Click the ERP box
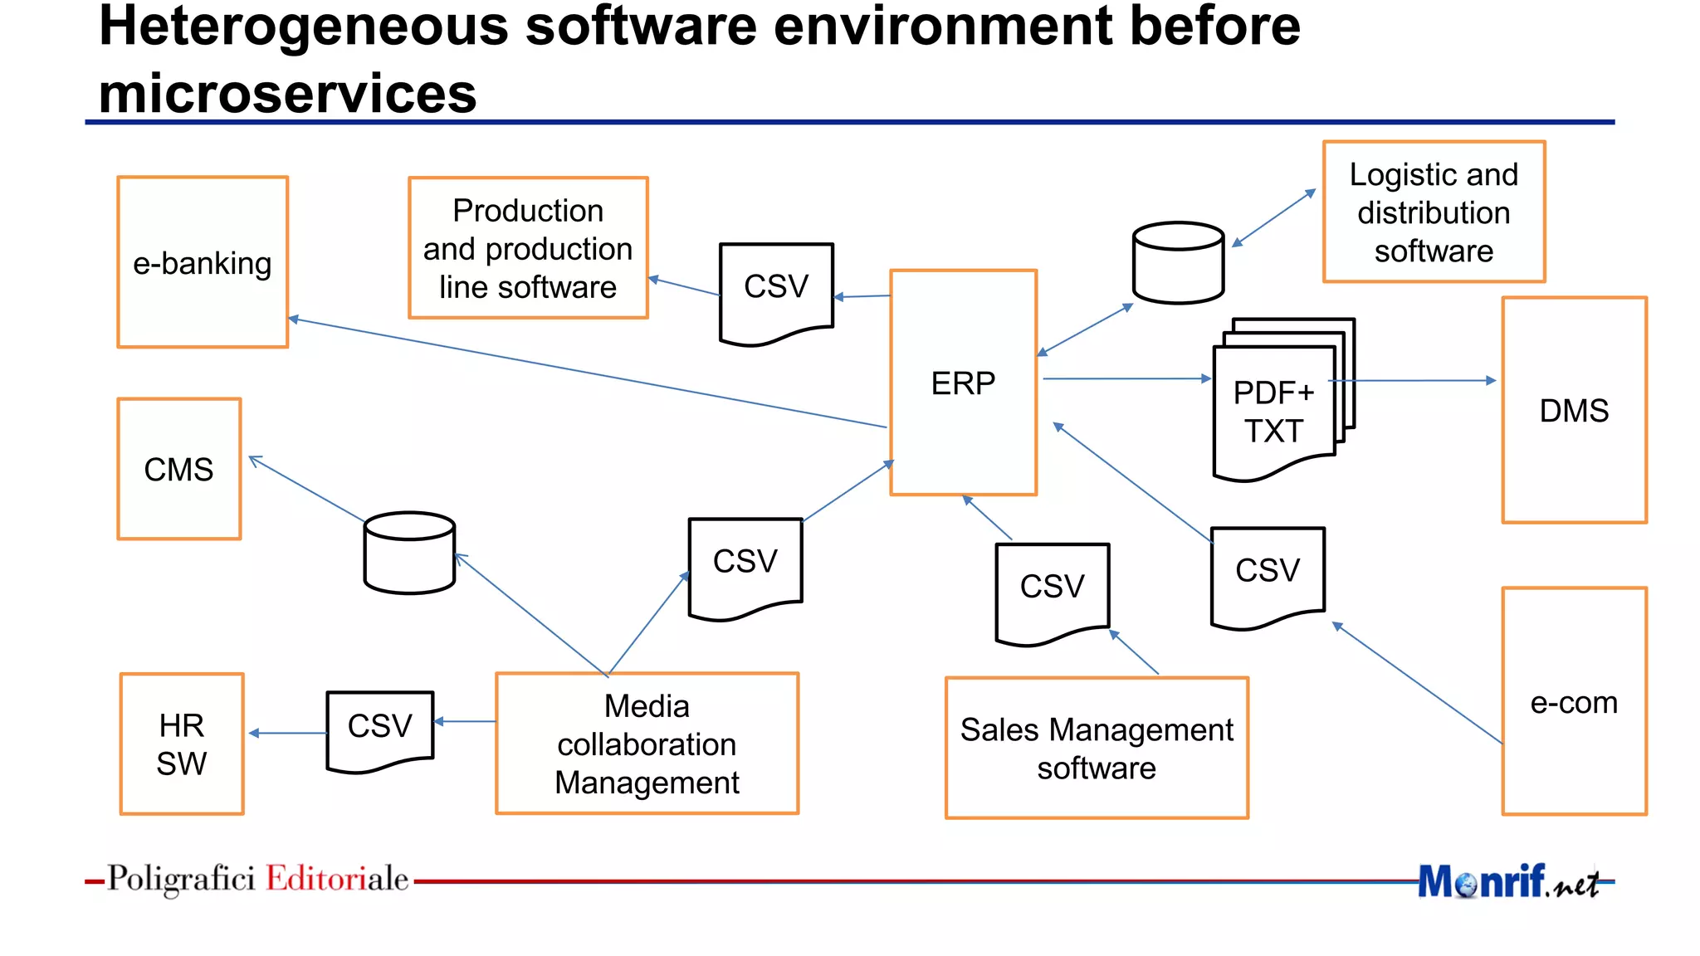click(x=963, y=383)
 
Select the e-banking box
click(x=203, y=262)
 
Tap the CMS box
click(x=179, y=469)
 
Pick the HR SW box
click(x=182, y=744)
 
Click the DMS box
click(x=1574, y=410)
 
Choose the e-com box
click(x=1574, y=702)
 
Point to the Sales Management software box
click(x=1097, y=748)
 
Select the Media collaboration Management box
click(x=647, y=744)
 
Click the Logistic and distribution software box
click(x=1434, y=212)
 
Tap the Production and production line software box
click(x=528, y=248)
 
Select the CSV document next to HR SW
click(x=380, y=729)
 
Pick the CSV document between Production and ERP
click(x=776, y=290)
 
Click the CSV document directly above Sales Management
click(x=1052, y=589)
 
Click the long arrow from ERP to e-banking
click(x=581, y=372)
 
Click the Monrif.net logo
click(x=1507, y=881)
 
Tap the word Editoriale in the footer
click(x=337, y=878)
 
